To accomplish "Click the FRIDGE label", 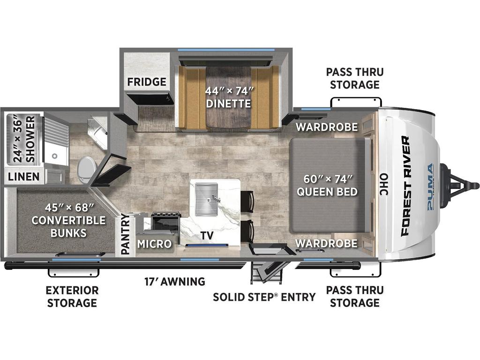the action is pyautogui.click(x=147, y=82).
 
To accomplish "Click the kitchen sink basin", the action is pyautogui.click(x=206, y=199).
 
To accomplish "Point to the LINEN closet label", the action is pyautogui.click(x=23, y=177).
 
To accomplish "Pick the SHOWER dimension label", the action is pyautogui.click(x=24, y=139).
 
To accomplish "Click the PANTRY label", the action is pyautogui.click(x=125, y=234).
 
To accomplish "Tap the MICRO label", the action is pyautogui.click(x=154, y=244).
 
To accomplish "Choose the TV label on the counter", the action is pyautogui.click(x=207, y=235).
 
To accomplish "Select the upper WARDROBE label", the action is pyautogui.click(x=327, y=127).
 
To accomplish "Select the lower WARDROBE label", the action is pyautogui.click(x=327, y=243).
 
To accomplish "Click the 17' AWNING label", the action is pyautogui.click(x=175, y=281).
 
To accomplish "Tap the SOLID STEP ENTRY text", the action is pyautogui.click(x=264, y=297).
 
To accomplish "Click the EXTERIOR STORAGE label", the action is pyautogui.click(x=72, y=296).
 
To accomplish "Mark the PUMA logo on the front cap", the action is pyautogui.click(x=430, y=187).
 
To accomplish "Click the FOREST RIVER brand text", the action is pyautogui.click(x=405, y=186).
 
